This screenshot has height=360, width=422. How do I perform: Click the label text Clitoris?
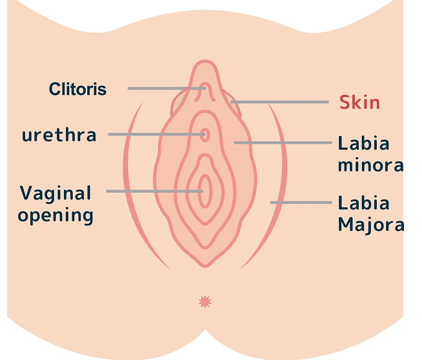tap(77, 89)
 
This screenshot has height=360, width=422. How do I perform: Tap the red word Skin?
tap(359, 103)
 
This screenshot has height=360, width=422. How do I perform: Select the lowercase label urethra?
tap(59, 135)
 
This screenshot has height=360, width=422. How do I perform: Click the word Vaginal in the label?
tap(55, 193)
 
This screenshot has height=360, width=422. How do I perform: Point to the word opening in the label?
tap(55, 215)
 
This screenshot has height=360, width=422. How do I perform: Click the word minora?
tap(370, 165)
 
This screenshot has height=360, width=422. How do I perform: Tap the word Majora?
tap(370, 225)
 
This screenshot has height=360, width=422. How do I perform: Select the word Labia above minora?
tap(364, 143)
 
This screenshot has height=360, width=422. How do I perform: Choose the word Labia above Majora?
tap(364, 204)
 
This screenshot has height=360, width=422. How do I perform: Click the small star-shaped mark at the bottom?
tap(205, 301)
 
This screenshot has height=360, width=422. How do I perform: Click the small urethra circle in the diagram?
tap(205, 135)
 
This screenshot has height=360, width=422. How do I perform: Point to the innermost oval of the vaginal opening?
tap(205, 191)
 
